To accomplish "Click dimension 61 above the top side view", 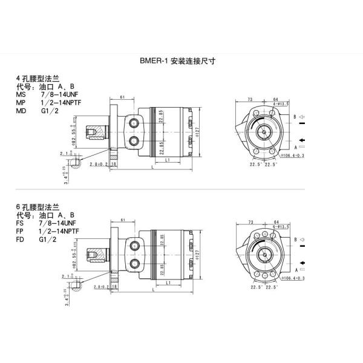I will pos(122,97).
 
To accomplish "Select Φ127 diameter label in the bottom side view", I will pos(198,255).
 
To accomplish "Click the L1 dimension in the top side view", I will pos(166,159).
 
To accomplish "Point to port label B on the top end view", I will pos(295,116).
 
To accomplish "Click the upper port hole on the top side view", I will pos(134,123).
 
